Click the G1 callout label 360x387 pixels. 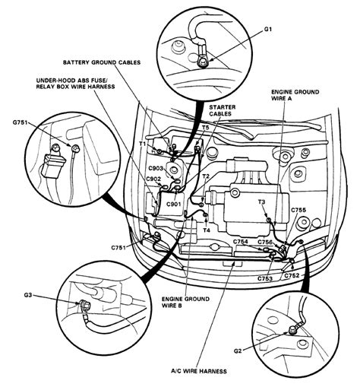268,30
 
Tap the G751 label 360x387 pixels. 21,122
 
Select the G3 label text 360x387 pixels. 28,295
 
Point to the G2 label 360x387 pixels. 238,351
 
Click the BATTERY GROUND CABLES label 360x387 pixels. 102,62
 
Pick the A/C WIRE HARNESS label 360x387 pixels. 199,371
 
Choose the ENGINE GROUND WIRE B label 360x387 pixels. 185,302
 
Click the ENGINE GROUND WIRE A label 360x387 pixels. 295,95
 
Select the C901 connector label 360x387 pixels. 174,204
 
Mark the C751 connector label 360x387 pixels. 118,247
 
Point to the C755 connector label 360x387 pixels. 298,210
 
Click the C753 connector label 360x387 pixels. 265,278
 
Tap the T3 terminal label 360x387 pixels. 261,202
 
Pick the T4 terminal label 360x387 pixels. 207,230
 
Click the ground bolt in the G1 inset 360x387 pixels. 204,62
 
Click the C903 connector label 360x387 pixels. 156,168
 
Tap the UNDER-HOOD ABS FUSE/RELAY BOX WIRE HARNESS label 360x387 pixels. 75,84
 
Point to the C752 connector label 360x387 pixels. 292,275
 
